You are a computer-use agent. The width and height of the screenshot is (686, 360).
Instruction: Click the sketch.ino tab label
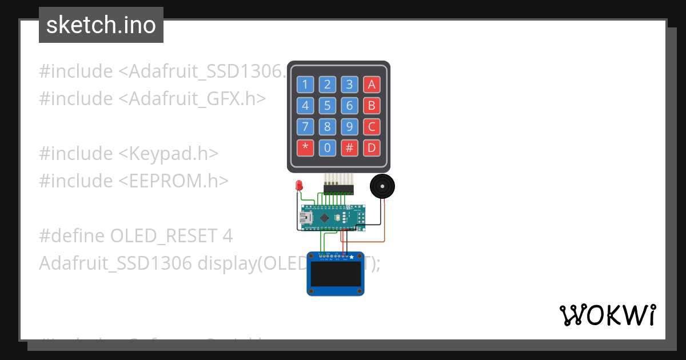(101, 25)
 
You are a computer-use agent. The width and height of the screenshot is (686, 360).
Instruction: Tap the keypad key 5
(327, 106)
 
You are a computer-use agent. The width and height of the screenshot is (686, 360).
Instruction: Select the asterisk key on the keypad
(305, 148)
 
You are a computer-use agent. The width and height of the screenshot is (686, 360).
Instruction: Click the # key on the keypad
(349, 148)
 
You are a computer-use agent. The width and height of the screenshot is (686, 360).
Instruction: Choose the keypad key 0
(327, 148)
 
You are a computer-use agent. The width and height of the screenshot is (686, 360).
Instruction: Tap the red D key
(372, 148)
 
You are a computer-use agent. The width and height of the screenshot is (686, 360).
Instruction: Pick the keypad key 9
(349, 127)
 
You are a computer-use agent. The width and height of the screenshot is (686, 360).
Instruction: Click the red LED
(298, 186)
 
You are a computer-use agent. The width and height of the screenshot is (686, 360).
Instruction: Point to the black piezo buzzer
(382, 187)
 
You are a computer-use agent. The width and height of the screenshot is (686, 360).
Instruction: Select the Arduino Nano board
(332, 218)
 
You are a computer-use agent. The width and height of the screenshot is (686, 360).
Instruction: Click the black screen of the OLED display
(336, 274)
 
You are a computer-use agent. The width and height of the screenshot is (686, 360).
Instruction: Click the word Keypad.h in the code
(173, 154)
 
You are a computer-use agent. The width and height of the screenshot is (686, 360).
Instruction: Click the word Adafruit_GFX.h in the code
(197, 99)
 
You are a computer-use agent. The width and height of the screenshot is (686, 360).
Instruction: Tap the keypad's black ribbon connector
(338, 189)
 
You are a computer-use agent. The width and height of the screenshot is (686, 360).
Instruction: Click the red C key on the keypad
(372, 127)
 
